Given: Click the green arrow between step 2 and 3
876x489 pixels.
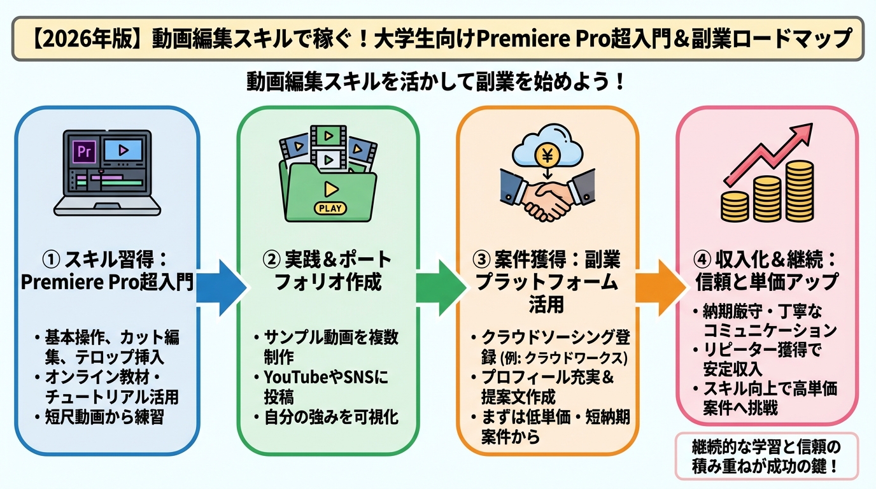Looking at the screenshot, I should click(x=439, y=287).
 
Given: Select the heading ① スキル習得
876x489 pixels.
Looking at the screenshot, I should click(x=106, y=261).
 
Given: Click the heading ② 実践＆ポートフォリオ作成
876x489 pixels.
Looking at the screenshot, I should click(x=328, y=271).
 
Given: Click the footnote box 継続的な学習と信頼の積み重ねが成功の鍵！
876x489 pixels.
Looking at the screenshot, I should click(x=766, y=455).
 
